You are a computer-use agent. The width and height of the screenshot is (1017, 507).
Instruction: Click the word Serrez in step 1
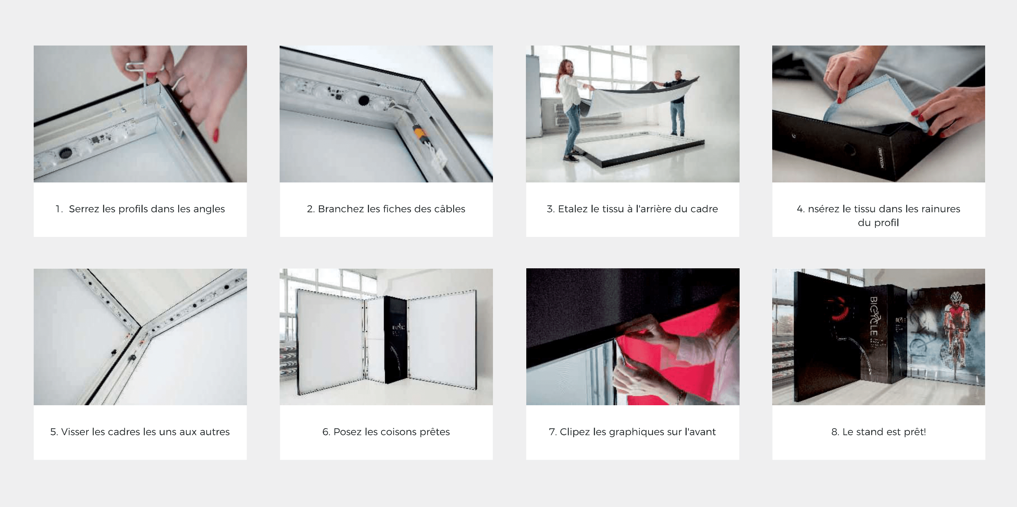84,209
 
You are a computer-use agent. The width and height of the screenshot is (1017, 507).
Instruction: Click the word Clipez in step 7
575,432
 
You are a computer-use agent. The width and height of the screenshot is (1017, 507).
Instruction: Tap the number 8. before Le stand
835,432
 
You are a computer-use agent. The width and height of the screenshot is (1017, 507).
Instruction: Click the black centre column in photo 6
395,339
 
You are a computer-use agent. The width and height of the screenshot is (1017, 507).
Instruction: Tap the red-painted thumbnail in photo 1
216,135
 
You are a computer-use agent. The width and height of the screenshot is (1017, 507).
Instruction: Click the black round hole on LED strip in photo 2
364,100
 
